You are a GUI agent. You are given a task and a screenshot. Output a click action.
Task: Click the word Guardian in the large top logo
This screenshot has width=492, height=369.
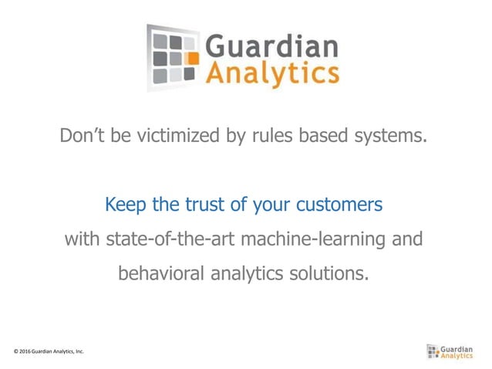coord(271,46)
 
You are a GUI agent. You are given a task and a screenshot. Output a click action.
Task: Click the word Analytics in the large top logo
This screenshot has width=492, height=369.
coord(271,74)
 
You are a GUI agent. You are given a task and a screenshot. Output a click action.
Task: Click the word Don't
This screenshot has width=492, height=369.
coord(81,137)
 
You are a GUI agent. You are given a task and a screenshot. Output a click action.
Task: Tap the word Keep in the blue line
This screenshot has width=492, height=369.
coord(123,205)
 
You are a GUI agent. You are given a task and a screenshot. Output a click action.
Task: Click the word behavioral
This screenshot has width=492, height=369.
coord(161,273)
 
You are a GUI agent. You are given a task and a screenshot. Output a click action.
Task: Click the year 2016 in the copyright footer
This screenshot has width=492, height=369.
coord(26,352)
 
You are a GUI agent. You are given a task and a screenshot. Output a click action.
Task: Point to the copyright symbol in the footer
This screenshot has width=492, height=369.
coord(16,352)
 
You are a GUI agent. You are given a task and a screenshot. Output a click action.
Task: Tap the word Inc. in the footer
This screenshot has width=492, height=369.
coord(79,352)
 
